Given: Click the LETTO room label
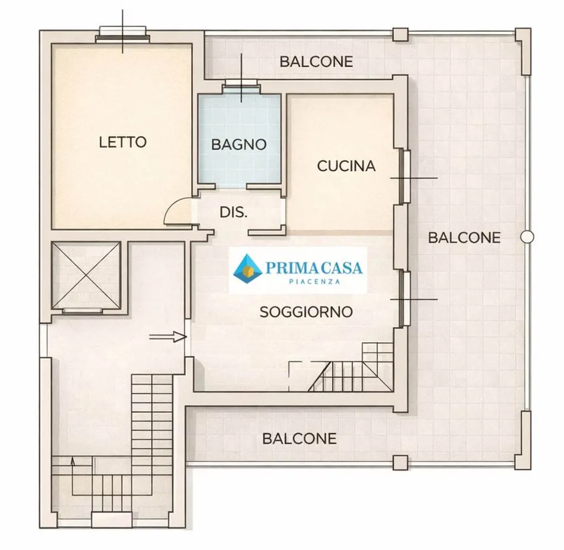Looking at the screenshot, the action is click(123, 142).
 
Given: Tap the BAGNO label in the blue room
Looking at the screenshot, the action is click(239, 144).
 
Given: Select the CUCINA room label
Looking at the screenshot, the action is click(346, 166).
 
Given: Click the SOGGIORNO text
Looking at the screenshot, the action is click(306, 312).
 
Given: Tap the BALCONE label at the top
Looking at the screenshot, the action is click(317, 62).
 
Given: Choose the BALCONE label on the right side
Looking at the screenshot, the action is click(464, 238).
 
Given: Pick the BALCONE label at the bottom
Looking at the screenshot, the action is click(300, 439).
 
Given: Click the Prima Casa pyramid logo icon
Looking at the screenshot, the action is click(247, 269).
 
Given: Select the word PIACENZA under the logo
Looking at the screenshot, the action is click(314, 282).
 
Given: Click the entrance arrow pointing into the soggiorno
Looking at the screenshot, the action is click(168, 337).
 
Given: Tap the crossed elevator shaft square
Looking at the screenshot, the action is click(86, 276).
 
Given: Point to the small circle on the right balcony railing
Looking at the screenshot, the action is click(527, 237).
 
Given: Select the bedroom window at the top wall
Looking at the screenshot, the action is click(123, 35).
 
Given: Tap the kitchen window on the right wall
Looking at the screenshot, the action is click(405, 176).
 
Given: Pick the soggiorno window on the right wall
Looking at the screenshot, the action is click(405, 298).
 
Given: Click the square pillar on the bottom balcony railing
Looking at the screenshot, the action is click(400, 462).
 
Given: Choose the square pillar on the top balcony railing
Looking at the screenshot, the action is click(400, 35).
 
